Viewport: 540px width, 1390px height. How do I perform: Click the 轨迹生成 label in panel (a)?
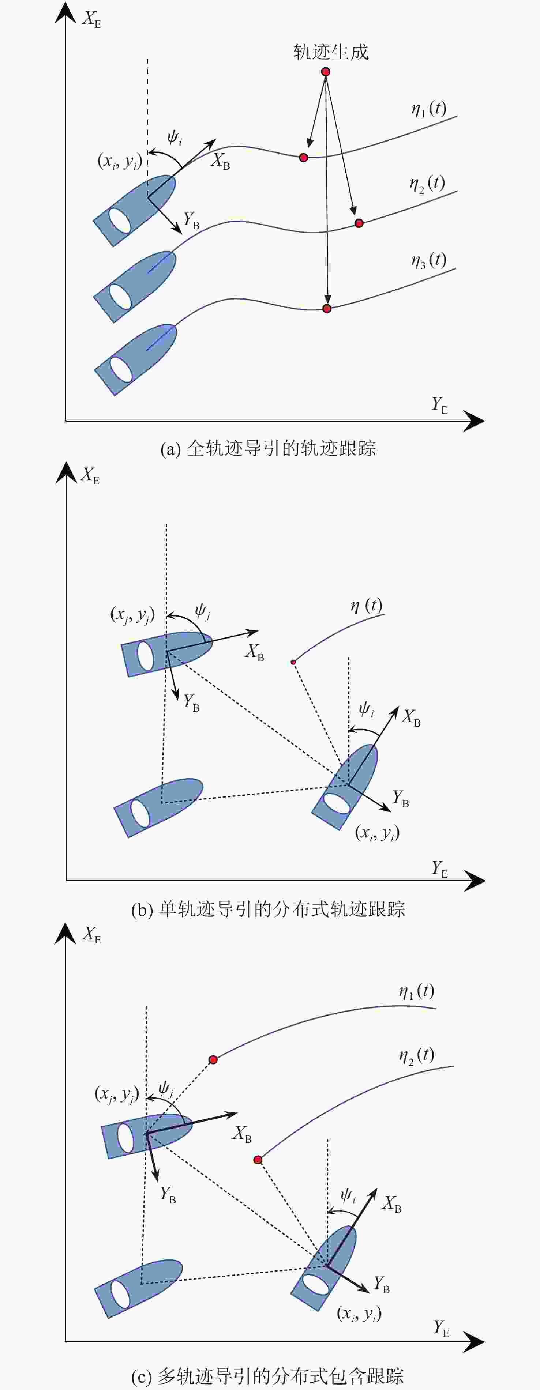coord(330,52)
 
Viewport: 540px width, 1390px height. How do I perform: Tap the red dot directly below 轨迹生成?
coord(326,72)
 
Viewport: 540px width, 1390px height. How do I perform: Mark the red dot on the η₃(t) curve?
coord(327,309)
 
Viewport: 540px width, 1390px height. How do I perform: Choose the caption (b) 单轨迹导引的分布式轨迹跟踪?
coord(269,909)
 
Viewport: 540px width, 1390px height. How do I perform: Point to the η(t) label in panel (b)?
coord(367,606)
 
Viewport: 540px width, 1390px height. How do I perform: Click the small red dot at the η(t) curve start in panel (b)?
coord(293,662)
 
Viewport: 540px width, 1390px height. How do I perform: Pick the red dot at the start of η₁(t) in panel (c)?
coord(213,1060)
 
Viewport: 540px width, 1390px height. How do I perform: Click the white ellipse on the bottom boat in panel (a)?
coord(121,369)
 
